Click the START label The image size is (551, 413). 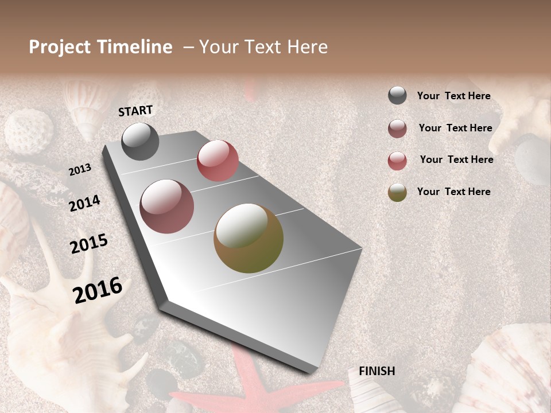135,111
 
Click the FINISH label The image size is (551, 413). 377,371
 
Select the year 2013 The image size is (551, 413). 80,170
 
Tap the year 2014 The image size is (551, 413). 84,203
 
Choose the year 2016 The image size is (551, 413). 98,290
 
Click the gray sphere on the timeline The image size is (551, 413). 140,141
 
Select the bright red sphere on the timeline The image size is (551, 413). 218,161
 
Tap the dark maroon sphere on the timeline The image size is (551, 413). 166,206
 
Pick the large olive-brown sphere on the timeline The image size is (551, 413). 249,238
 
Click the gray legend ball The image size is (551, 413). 397,95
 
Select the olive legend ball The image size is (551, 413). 397,192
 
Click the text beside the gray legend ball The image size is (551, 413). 453,96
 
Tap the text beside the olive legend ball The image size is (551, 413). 453,192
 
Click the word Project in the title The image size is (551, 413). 59,47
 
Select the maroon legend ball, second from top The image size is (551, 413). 397,128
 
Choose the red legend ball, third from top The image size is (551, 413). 397,161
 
